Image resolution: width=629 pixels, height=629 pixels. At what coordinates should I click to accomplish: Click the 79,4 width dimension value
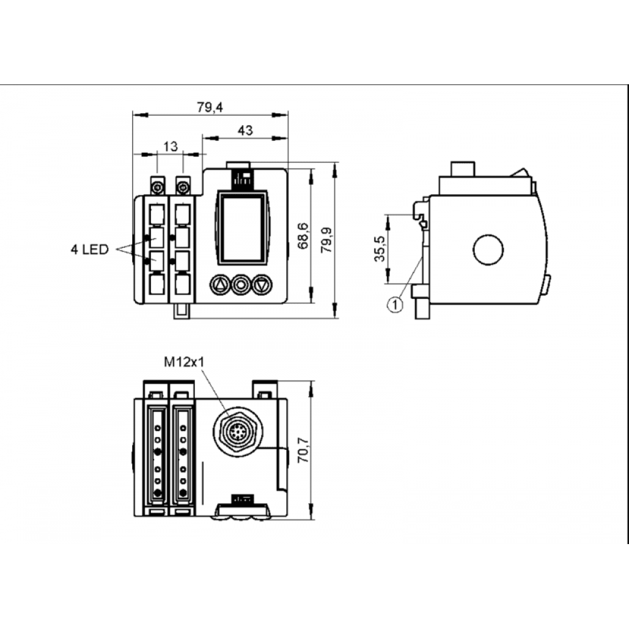[210, 107]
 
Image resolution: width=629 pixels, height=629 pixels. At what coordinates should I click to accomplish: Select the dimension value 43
[245, 130]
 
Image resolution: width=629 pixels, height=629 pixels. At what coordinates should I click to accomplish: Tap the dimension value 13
[170, 147]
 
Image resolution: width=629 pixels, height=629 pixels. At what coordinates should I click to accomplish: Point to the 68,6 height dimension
[303, 236]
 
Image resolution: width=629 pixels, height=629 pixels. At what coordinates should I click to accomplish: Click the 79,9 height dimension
[326, 240]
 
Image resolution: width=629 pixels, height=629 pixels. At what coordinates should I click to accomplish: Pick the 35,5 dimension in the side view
[379, 248]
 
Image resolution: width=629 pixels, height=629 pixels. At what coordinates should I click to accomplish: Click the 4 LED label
[90, 250]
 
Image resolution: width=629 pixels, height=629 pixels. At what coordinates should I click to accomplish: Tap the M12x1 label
[184, 362]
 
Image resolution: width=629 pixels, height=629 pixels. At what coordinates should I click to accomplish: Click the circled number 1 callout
[395, 304]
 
